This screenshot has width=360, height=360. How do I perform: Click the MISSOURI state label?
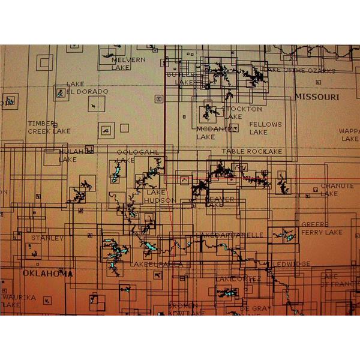(x=316, y=97)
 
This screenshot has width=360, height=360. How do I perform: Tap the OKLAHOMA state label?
(x=47, y=274)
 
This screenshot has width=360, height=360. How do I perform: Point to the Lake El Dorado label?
(x=87, y=88)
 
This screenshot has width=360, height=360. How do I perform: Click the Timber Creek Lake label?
(x=49, y=127)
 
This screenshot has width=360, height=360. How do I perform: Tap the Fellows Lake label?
(x=265, y=128)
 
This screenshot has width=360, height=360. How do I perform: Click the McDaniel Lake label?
(x=214, y=132)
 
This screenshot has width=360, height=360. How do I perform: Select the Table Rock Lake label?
(x=252, y=152)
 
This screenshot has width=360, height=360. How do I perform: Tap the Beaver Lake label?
(x=220, y=202)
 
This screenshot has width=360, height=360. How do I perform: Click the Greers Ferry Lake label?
(x=322, y=228)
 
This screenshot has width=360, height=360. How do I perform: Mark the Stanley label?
(x=47, y=238)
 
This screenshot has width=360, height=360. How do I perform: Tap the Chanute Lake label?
(x=337, y=190)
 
